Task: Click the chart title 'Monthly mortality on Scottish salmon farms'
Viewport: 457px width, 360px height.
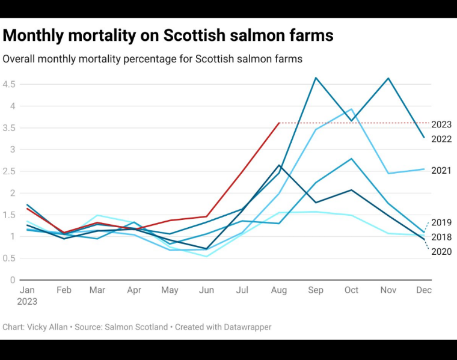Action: point(168,35)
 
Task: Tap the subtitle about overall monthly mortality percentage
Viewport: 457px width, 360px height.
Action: point(152,59)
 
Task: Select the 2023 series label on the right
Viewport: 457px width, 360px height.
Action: point(441,124)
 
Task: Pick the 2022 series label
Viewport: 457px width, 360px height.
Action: point(441,139)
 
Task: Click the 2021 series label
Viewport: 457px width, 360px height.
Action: point(441,171)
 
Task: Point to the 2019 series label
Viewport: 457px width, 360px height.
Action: point(441,222)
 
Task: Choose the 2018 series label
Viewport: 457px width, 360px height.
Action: point(441,237)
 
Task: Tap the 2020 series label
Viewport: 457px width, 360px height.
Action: point(441,252)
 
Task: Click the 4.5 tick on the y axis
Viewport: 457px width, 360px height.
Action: point(8,84)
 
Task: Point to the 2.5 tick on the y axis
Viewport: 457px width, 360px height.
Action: point(8,171)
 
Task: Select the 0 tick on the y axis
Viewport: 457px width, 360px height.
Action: point(12,280)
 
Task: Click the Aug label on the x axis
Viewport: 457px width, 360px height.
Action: point(278,290)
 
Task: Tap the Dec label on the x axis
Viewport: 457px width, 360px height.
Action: point(423,290)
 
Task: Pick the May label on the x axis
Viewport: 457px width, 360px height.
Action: point(170,290)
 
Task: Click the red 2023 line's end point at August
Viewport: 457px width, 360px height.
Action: point(279,123)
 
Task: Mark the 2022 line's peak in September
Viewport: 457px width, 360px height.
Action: point(315,78)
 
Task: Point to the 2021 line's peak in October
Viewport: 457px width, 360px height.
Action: point(352,109)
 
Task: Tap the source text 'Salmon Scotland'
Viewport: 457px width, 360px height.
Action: point(136,327)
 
